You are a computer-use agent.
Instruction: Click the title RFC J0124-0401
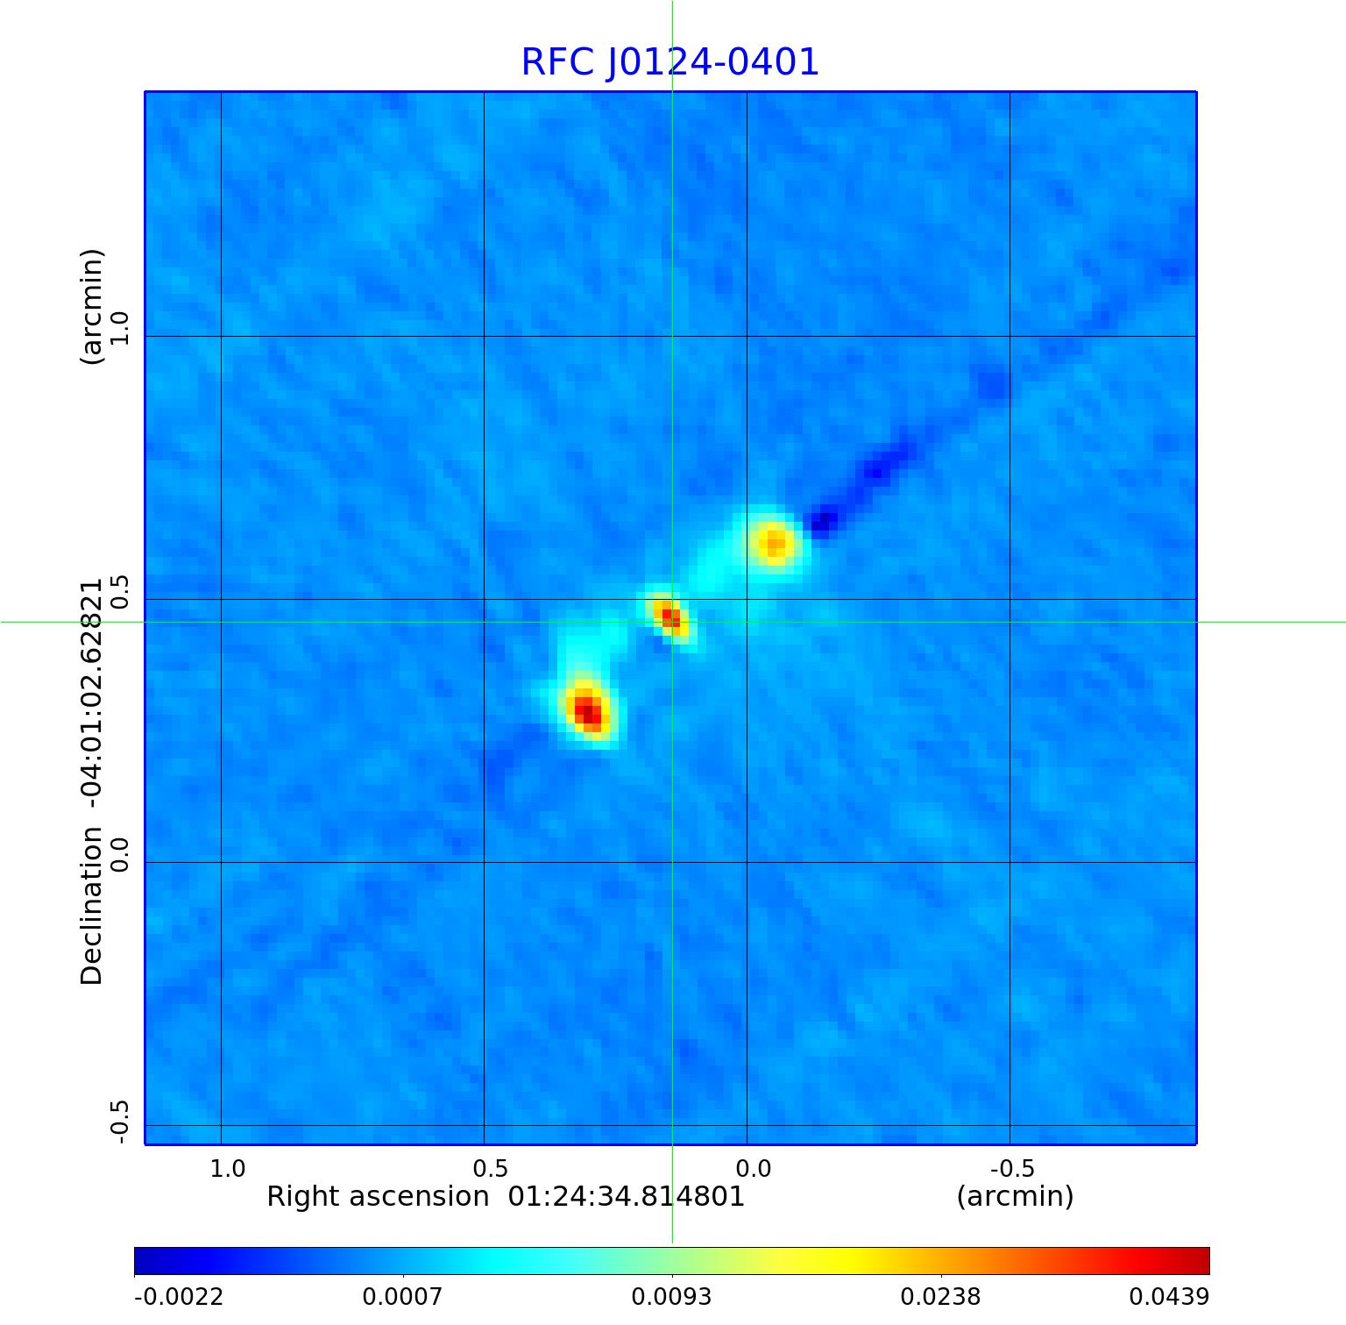[670, 62]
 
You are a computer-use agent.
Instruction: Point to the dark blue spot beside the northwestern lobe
[822, 524]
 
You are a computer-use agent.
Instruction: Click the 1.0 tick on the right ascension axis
[228, 1168]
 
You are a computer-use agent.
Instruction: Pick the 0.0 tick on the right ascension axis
[753, 1168]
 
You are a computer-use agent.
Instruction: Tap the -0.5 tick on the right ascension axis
[1012, 1168]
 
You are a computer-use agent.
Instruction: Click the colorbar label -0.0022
[179, 1297]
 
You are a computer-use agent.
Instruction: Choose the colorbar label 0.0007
[403, 1297]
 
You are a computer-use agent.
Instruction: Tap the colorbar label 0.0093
[672, 1297]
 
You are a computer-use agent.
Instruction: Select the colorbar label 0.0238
[941, 1297]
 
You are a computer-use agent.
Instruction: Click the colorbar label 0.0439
[1169, 1297]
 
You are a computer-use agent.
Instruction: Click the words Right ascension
[377, 1197]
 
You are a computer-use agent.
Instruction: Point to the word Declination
[92, 908]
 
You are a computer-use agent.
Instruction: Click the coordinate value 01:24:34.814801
[627, 1197]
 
